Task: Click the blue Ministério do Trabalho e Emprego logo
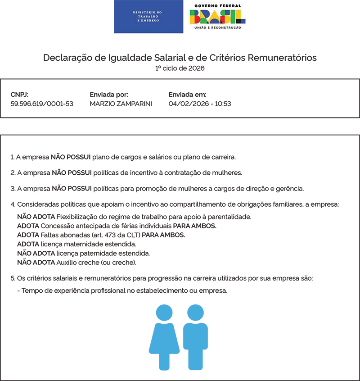coord(148,17)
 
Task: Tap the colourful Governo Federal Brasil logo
coord(217,17)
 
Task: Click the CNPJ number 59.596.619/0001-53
coord(42,104)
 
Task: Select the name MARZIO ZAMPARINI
coord(121,104)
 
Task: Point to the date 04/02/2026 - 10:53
coord(200,104)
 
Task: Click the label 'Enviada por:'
coord(109,95)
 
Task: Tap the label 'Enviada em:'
coord(187,95)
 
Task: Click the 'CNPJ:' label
coord(19,95)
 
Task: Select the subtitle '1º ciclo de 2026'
coord(180,68)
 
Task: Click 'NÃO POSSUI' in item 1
coord(71,157)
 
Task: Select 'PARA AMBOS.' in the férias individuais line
coord(194,226)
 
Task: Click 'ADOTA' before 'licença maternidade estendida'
coord(28,244)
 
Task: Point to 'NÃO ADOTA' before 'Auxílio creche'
coord(36,262)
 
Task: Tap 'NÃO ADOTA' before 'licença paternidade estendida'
coord(36,253)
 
